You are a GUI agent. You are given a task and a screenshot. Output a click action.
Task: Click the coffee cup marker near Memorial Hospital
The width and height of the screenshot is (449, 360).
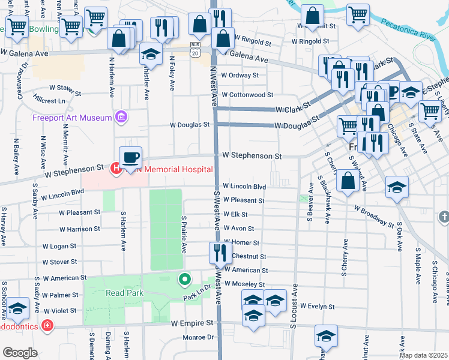coord(131,158)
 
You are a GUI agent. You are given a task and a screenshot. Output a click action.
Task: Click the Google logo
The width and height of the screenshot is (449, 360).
coord(20,352)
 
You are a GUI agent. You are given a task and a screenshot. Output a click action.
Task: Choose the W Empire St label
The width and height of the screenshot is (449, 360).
coord(192,323)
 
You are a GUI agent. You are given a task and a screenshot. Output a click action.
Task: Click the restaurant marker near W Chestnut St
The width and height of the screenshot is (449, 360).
coord(220,252)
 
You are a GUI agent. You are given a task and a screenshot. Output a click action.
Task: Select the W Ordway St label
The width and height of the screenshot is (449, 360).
coord(240,76)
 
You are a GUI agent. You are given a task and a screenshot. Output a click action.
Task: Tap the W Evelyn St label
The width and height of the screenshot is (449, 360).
coord(318,306)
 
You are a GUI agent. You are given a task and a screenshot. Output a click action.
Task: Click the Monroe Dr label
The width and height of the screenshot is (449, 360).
coord(198,337)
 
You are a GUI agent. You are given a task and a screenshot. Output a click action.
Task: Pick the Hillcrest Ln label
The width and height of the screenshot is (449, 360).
coord(49,101)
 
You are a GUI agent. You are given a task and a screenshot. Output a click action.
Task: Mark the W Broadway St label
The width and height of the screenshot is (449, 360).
coord(374,217)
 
